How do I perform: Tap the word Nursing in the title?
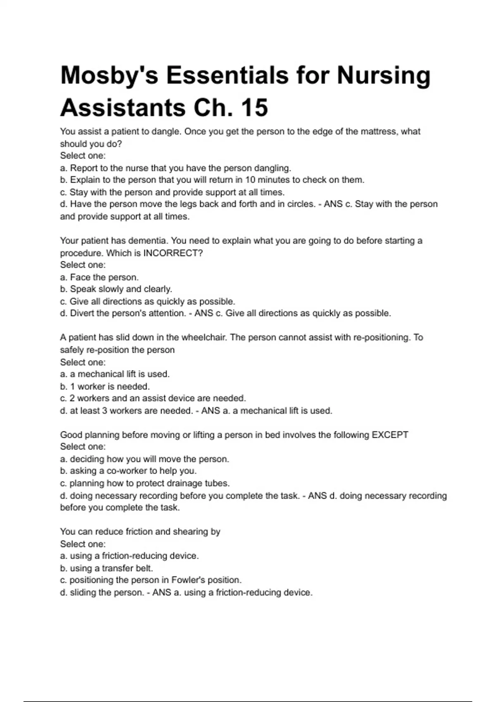point(384,76)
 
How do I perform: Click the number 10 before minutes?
point(250,180)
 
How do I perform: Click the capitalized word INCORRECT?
point(172,253)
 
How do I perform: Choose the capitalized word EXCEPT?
point(390,435)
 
